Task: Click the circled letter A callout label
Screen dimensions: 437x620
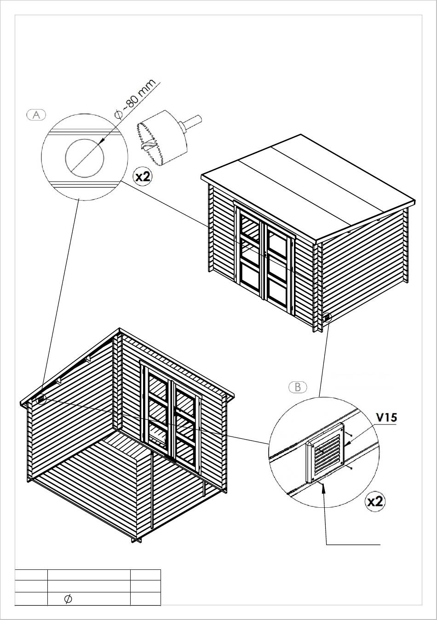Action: click(36, 115)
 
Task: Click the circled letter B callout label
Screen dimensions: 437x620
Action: click(298, 387)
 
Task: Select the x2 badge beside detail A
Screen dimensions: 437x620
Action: click(143, 176)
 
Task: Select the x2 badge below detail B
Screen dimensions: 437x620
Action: click(375, 501)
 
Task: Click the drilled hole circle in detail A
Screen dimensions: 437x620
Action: click(85, 158)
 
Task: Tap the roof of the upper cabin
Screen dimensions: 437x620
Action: click(308, 188)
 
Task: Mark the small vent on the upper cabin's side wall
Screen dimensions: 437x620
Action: click(328, 317)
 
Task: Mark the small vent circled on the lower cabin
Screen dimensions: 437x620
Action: click(40, 399)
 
